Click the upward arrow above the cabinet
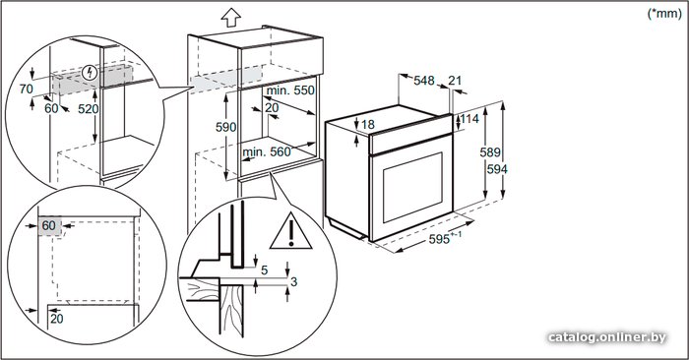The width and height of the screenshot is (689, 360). (x=231, y=18)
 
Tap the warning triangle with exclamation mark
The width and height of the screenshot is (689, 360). (x=291, y=232)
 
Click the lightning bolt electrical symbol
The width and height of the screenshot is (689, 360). (x=91, y=73)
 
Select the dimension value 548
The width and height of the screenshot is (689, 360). (x=424, y=81)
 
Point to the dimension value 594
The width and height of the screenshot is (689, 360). (x=497, y=169)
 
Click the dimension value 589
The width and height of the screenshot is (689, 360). (x=490, y=151)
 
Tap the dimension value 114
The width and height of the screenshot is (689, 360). (x=470, y=119)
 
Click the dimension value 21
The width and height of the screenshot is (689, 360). (x=455, y=81)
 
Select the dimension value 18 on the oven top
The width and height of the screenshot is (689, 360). (x=368, y=125)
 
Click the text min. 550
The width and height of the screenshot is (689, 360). (x=291, y=90)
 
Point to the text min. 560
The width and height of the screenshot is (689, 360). (x=267, y=151)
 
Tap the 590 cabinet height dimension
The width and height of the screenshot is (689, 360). (x=225, y=127)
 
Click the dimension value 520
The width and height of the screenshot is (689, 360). (x=89, y=109)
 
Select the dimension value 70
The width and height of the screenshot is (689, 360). (x=27, y=90)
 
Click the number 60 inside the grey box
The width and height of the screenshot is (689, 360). (x=49, y=225)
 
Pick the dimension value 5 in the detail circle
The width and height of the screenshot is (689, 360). (x=264, y=270)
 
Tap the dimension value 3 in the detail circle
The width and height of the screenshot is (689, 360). (x=294, y=281)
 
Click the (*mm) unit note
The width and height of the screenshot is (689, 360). (x=664, y=14)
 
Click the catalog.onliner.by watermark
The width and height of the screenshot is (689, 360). (x=607, y=337)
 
